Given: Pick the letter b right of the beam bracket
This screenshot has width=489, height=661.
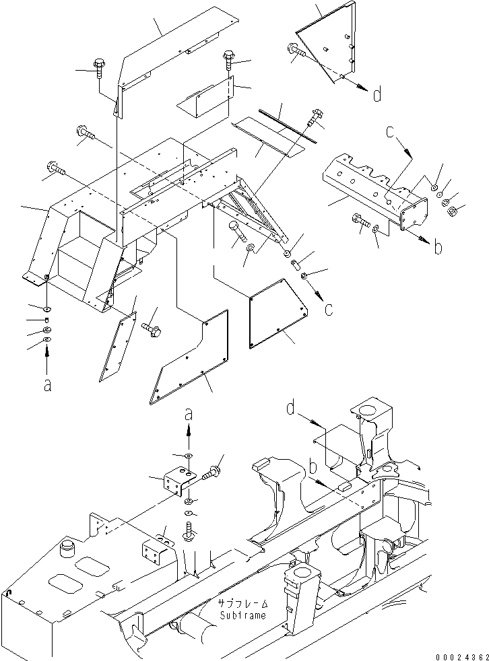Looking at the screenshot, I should [x=438, y=247].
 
